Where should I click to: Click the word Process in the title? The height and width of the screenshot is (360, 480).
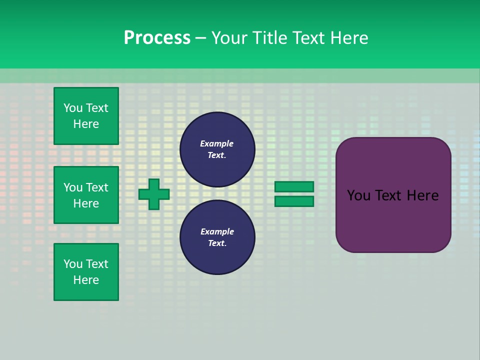[x=157, y=38]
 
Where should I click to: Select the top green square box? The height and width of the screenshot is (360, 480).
[x=86, y=116]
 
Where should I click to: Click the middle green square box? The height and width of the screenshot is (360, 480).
[x=86, y=195]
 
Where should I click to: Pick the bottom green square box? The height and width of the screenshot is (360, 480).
[x=86, y=272]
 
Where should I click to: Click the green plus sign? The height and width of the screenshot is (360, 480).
[x=154, y=194]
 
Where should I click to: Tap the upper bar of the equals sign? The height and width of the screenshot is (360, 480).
[x=294, y=186]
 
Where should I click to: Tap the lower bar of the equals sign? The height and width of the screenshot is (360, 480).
[x=294, y=201]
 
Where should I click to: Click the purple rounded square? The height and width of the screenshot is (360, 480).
[x=393, y=220]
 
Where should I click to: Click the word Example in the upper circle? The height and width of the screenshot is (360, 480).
[x=216, y=143]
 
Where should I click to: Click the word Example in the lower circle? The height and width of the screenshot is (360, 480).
[x=216, y=231]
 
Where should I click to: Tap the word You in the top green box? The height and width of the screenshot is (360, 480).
[x=73, y=108]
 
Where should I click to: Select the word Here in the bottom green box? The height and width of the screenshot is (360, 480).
[x=86, y=280]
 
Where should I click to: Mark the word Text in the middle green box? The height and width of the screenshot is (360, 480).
[x=97, y=187]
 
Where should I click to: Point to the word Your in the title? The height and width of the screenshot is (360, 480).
[x=228, y=38]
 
